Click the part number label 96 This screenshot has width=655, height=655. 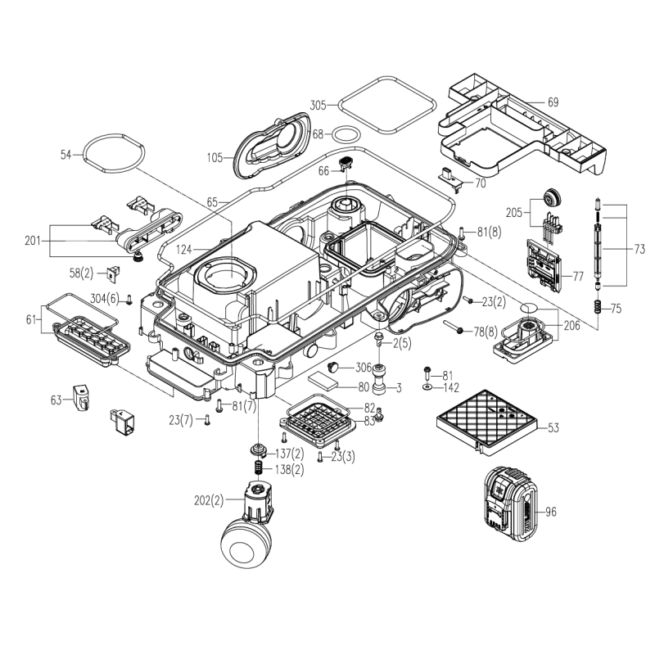550,513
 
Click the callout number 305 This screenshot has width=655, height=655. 318,105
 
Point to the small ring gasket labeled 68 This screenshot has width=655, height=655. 346,134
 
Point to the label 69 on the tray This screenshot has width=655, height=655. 553,102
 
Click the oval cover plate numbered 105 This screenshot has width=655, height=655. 272,144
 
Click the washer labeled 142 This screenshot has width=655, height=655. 428,386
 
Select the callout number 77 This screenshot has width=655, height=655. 577,277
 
